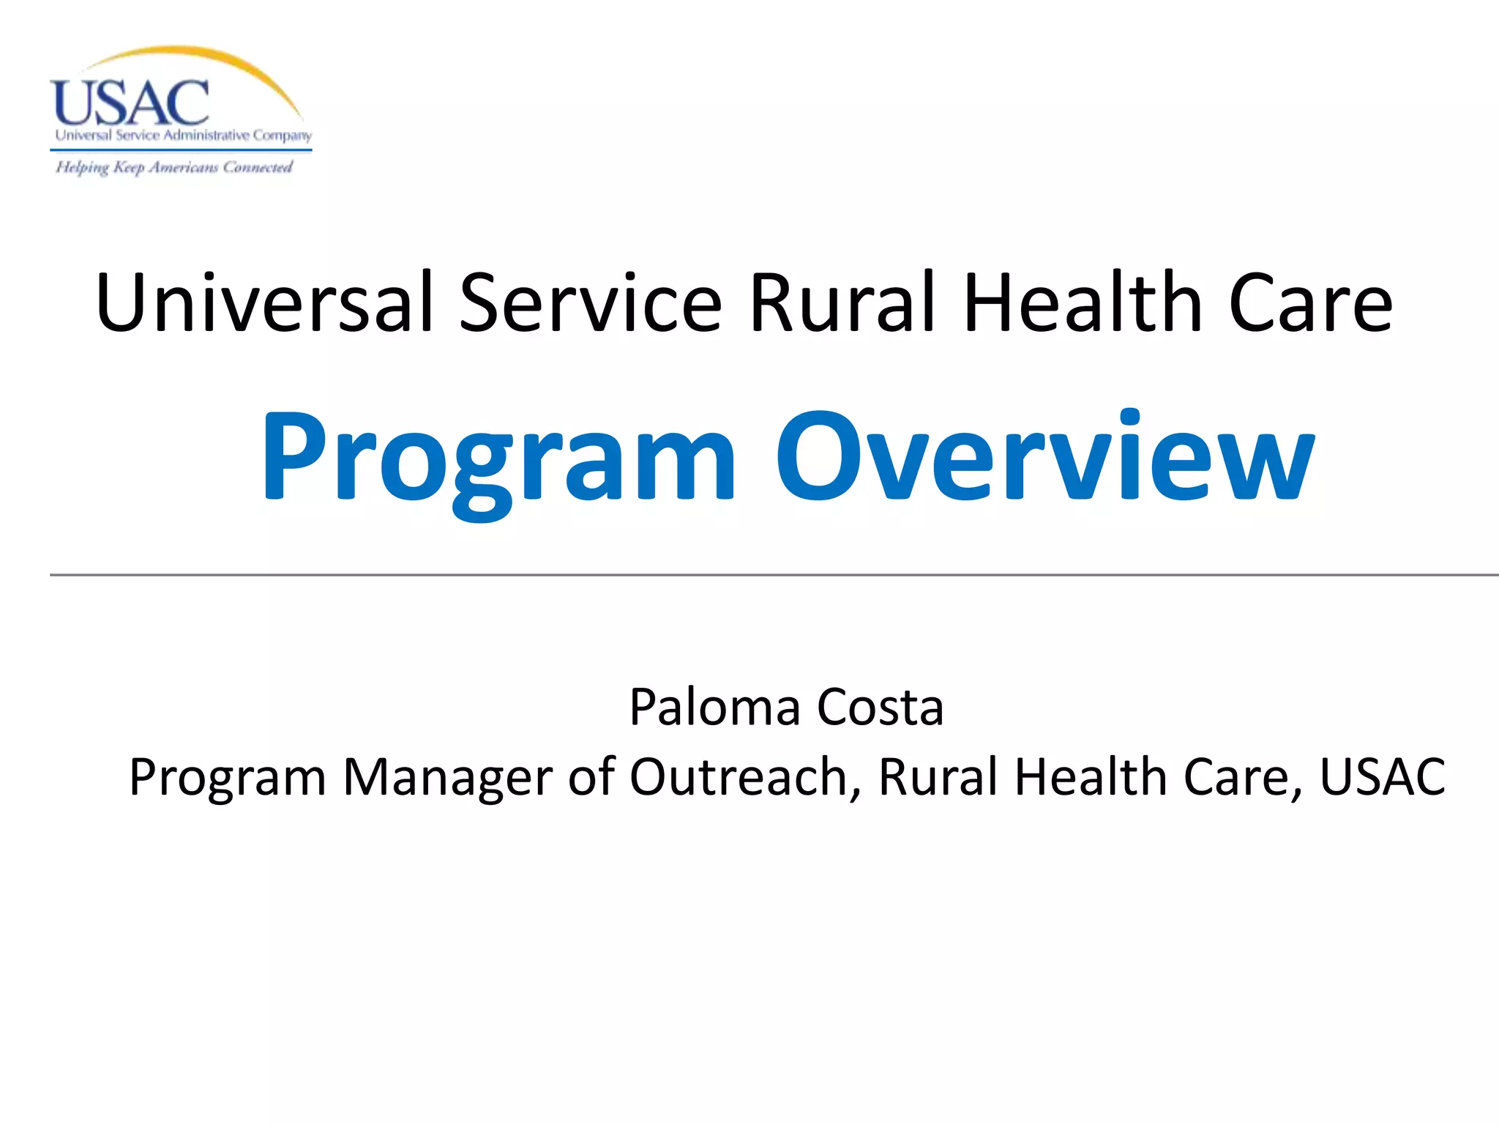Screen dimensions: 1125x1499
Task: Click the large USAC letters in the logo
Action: point(130,103)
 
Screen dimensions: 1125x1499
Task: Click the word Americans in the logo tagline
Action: point(184,168)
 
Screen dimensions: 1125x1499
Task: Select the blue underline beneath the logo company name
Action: point(181,150)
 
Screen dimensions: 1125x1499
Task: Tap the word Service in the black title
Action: point(590,302)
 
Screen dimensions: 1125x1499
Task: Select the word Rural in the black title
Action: point(842,302)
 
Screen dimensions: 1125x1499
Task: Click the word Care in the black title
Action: point(1310,302)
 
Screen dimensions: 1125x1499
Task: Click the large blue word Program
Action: point(498,458)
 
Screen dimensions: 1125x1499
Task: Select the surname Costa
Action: point(880,708)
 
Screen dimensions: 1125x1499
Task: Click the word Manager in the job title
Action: point(447,777)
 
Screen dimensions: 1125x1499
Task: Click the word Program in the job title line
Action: point(228,779)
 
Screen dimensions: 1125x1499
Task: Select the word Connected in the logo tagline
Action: point(258,168)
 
